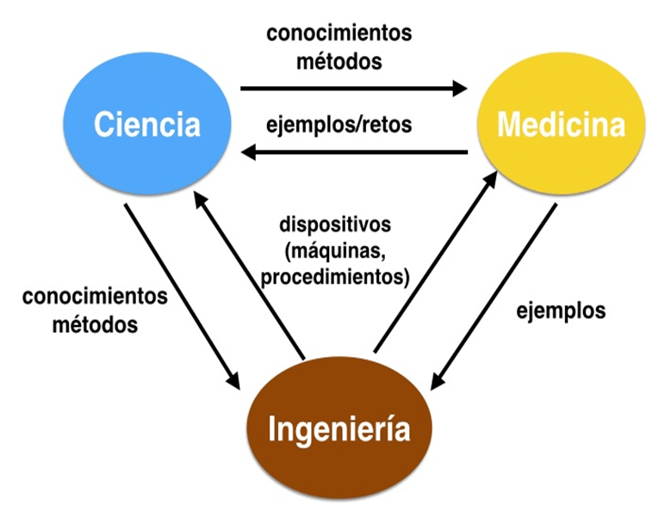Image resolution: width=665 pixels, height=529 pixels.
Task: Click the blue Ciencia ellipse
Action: point(147,126)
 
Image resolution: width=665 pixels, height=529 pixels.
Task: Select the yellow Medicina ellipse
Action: point(561,126)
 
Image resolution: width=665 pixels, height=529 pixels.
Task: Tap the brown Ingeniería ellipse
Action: point(339,428)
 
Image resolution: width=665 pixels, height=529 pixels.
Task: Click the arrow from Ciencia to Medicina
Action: point(353,88)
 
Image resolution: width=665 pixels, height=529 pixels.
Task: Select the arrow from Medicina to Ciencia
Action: point(353,153)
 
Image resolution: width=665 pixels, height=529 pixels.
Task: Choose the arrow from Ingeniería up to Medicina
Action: point(436,261)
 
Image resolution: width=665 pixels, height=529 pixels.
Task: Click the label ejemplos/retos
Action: point(339,124)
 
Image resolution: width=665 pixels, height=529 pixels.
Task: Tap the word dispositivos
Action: point(335,225)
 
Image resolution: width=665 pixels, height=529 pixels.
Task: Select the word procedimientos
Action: point(335,278)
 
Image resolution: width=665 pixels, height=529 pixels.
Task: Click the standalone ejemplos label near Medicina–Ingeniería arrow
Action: point(561,311)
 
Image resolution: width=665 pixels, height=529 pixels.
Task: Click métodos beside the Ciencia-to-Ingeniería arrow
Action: point(95,325)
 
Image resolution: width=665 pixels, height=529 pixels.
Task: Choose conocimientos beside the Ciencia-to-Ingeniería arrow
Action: point(95,297)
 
